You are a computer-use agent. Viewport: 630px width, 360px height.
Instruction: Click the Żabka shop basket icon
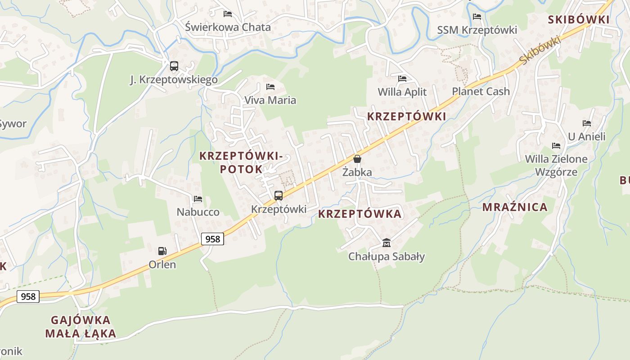click(357, 159)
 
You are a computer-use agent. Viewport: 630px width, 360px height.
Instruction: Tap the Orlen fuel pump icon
click(162, 251)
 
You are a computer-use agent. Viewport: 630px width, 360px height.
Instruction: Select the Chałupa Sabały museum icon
click(386, 243)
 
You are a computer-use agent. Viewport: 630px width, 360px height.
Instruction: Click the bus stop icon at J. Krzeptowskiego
click(174, 66)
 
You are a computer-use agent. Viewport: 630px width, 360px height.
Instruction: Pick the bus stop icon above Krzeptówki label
click(279, 196)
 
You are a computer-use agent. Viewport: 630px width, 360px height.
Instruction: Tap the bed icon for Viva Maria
click(270, 86)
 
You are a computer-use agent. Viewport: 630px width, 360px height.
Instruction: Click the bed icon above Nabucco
click(198, 199)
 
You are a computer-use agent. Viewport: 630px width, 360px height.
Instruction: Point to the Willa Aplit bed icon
click(402, 78)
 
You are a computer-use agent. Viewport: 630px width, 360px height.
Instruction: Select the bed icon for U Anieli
click(586, 123)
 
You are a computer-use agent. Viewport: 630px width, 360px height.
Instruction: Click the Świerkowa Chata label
click(228, 27)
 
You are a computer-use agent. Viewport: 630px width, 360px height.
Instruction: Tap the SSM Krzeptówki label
click(477, 30)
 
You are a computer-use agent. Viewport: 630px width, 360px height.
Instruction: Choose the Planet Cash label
click(481, 91)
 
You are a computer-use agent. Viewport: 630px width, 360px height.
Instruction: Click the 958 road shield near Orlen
click(212, 239)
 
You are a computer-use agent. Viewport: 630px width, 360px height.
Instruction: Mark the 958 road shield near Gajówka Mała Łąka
click(28, 297)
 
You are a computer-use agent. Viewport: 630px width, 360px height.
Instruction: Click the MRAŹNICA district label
click(515, 207)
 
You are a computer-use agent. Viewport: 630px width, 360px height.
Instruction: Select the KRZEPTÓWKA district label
click(360, 214)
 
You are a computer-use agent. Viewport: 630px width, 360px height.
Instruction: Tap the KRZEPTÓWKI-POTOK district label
click(241, 162)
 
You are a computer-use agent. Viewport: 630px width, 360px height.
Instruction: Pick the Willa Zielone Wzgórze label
click(556, 165)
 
